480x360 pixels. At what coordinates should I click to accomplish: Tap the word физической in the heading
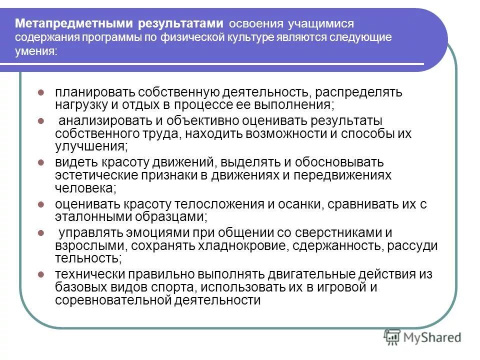[191, 37]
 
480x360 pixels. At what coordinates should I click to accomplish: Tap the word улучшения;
[91, 146]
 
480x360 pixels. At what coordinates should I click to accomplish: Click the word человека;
[86, 188]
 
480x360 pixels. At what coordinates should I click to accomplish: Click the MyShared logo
[422, 337]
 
